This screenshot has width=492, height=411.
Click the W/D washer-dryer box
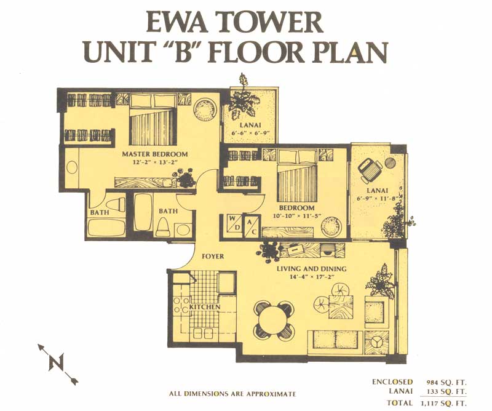234,223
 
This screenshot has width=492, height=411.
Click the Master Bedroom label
155,154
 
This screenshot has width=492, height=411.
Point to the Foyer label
213,256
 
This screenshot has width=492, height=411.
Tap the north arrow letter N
57,362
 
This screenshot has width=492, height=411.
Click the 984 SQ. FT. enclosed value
446,383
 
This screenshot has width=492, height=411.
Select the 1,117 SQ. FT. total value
443,403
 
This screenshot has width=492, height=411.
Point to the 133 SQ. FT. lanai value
447,392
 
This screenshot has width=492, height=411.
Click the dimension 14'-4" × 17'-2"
311,277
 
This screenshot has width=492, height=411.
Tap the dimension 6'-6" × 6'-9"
251,133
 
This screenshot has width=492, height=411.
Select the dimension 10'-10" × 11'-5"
296,216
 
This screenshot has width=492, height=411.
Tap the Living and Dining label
312,269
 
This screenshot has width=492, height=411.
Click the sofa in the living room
335,341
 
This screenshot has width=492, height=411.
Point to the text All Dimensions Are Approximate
232,394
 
